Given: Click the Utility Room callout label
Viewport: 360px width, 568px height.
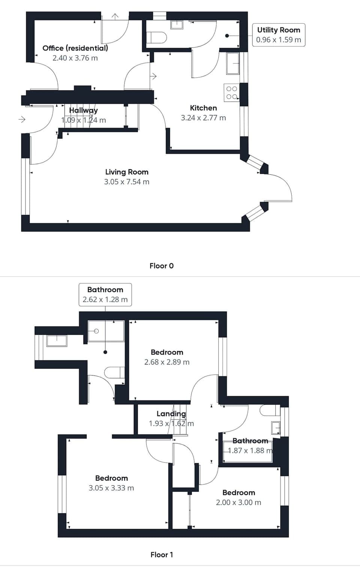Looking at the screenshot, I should pyautogui.click(x=278, y=35).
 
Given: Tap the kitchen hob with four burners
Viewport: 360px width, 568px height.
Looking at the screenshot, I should pyautogui.click(x=231, y=93).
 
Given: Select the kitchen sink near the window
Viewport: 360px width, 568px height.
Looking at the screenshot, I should pyautogui.click(x=232, y=63).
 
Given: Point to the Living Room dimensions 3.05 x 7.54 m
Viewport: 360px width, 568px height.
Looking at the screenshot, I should pyautogui.click(x=127, y=182).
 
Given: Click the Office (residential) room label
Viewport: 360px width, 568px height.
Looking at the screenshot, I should pyautogui.click(x=75, y=48).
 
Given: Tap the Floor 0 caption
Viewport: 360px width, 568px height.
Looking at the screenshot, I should pyautogui.click(x=161, y=266).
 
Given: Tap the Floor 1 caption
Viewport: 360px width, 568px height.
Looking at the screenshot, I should pyautogui.click(x=162, y=554).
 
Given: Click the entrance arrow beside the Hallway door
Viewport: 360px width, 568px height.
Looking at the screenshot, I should pyautogui.click(x=22, y=119).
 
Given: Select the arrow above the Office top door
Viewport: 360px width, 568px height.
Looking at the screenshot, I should pyautogui.click(x=115, y=16).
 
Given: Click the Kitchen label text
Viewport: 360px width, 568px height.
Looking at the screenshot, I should pyautogui.click(x=203, y=108).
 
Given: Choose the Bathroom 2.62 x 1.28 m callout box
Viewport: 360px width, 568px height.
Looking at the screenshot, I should pyautogui.click(x=105, y=295).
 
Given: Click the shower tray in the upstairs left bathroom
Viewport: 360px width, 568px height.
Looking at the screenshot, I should pyautogui.click(x=106, y=331).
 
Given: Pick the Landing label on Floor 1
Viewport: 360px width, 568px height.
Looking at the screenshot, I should pyautogui.click(x=171, y=413).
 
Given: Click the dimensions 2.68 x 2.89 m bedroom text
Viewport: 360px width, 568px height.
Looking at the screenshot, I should pyautogui.click(x=167, y=362).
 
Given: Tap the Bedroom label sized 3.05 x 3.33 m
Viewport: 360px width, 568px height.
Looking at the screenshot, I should pyautogui.click(x=111, y=478).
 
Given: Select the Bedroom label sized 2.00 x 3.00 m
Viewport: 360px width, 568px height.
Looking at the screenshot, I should pyautogui.click(x=238, y=493).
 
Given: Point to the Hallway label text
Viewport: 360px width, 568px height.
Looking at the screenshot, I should pyautogui.click(x=83, y=110).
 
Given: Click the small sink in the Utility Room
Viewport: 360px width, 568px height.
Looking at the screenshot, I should pyautogui.click(x=177, y=25).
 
